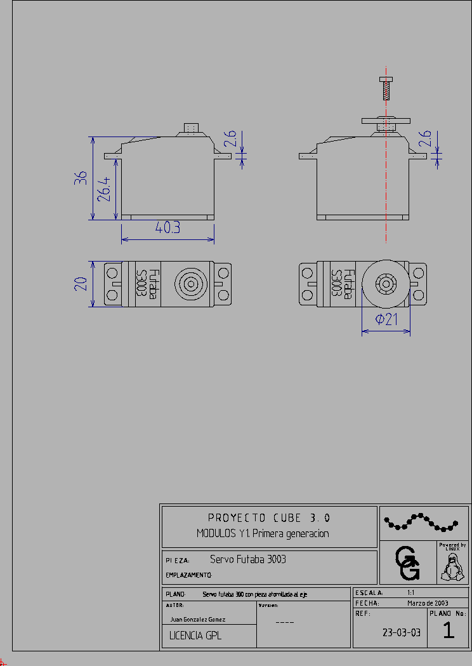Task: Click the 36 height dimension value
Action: pyautogui.click(x=81, y=178)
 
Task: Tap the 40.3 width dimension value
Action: pyautogui.click(x=167, y=228)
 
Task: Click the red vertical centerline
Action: pyautogui.click(x=385, y=190)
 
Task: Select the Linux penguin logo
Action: pyautogui.click(x=453, y=566)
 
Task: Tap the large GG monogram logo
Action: pyautogui.click(x=407, y=563)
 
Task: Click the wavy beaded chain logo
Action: pyautogui.click(x=421, y=523)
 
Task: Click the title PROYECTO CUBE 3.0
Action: pyautogui.click(x=269, y=518)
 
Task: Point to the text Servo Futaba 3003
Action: pyautogui.click(x=247, y=559)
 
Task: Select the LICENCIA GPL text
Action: pyautogui.click(x=195, y=636)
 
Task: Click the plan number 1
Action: pyautogui.click(x=449, y=631)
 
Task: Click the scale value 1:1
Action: pyautogui.click(x=411, y=592)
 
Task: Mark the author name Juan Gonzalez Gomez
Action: pyautogui.click(x=197, y=619)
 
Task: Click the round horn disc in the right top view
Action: pyautogui.click(x=385, y=283)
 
